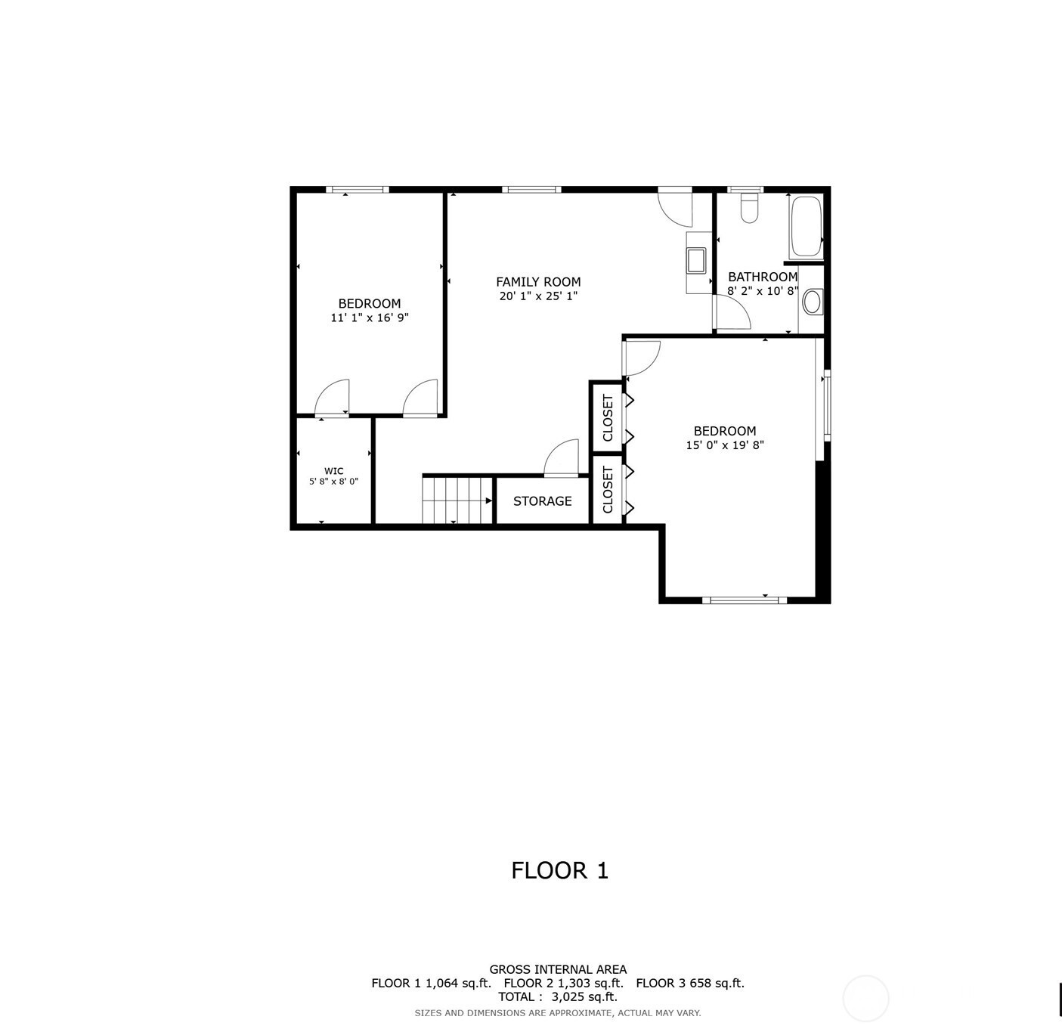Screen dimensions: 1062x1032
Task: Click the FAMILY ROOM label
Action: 537,281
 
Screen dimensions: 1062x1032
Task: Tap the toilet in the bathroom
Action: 749,207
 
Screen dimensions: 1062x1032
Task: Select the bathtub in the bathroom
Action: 806,227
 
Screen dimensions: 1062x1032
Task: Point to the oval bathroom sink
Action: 812,302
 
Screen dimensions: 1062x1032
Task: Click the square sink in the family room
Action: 696,260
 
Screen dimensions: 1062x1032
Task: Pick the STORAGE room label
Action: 542,501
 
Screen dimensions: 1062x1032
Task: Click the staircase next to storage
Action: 457,500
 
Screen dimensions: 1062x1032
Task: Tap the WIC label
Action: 333,471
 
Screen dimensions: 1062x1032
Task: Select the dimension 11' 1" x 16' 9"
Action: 370,318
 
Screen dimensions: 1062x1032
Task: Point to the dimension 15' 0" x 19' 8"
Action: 725,445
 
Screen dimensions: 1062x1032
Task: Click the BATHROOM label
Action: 763,277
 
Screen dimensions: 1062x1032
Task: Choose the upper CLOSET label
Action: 608,417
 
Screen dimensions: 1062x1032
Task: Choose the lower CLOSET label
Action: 608,489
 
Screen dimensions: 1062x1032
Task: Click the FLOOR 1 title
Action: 559,870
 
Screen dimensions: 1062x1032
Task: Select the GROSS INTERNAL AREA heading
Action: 558,970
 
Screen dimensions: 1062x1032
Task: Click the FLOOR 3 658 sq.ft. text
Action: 690,984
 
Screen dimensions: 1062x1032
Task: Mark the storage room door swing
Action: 561,457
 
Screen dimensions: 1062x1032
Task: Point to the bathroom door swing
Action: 732,312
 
